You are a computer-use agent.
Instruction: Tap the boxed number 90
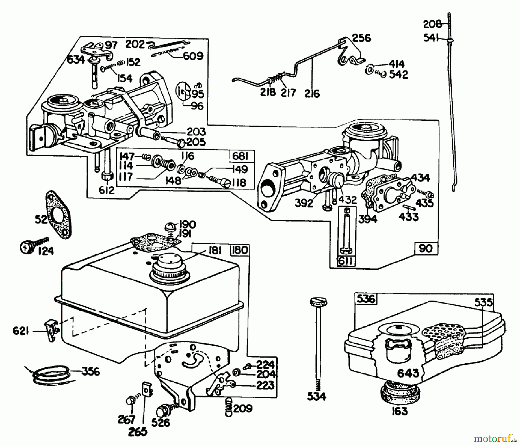tap(426, 248)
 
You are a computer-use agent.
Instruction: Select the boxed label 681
tap(240, 156)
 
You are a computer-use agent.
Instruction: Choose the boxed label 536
tap(366, 299)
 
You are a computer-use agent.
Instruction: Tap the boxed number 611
tap(345, 261)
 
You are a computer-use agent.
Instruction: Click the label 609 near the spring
tap(193, 56)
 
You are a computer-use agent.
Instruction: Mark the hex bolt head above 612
tap(107, 176)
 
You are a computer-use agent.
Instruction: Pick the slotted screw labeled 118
tap(226, 183)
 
